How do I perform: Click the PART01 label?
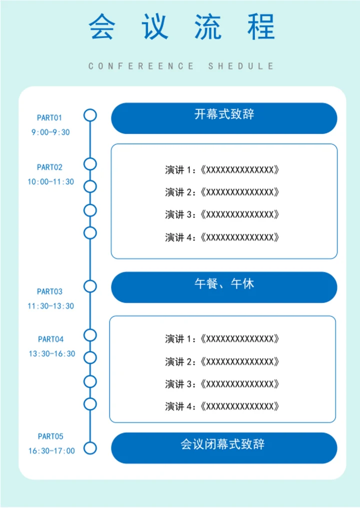(x=49, y=118)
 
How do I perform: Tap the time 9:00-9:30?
(x=50, y=132)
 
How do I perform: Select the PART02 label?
(x=49, y=167)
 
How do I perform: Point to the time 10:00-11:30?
(x=50, y=182)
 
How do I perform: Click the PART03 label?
(x=49, y=292)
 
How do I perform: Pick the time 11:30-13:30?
(x=50, y=306)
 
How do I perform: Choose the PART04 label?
(x=50, y=340)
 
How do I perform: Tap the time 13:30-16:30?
(x=51, y=354)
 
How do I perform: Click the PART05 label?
(x=50, y=437)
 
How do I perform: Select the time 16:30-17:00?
(x=51, y=451)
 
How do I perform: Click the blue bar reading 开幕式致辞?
(x=224, y=118)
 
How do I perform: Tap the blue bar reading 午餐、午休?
(x=224, y=287)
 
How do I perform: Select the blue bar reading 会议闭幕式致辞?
(x=224, y=448)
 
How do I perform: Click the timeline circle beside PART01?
(x=90, y=115)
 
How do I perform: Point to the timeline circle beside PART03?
(x=90, y=286)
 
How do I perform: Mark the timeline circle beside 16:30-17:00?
(x=90, y=448)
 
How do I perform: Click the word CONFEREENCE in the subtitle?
(x=141, y=66)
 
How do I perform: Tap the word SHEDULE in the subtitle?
(x=241, y=66)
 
